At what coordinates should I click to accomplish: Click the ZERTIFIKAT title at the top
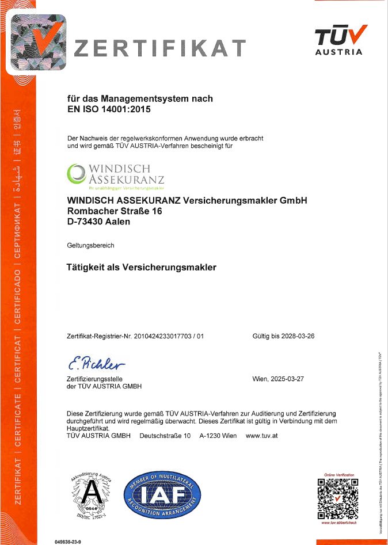pyautogui.click(x=159, y=48)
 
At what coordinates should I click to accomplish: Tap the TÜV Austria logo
pyautogui.click(x=340, y=40)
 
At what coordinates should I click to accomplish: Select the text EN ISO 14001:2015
pyautogui.click(x=109, y=109)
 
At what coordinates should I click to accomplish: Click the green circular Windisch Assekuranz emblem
pyautogui.click(x=75, y=173)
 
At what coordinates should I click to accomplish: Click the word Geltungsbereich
pyautogui.click(x=90, y=245)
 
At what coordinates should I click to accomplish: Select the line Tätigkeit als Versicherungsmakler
pyautogui.click(x=142, y=267)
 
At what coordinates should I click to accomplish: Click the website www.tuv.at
pyautogui.click(x=262, y=436)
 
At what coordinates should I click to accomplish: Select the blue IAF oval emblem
pyautogui.click(x=162, y=493)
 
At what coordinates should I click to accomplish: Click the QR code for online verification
pyautogui.click(x=338, y=498)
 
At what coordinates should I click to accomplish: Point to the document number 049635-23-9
pyautogui.click(x=67, y=542)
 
